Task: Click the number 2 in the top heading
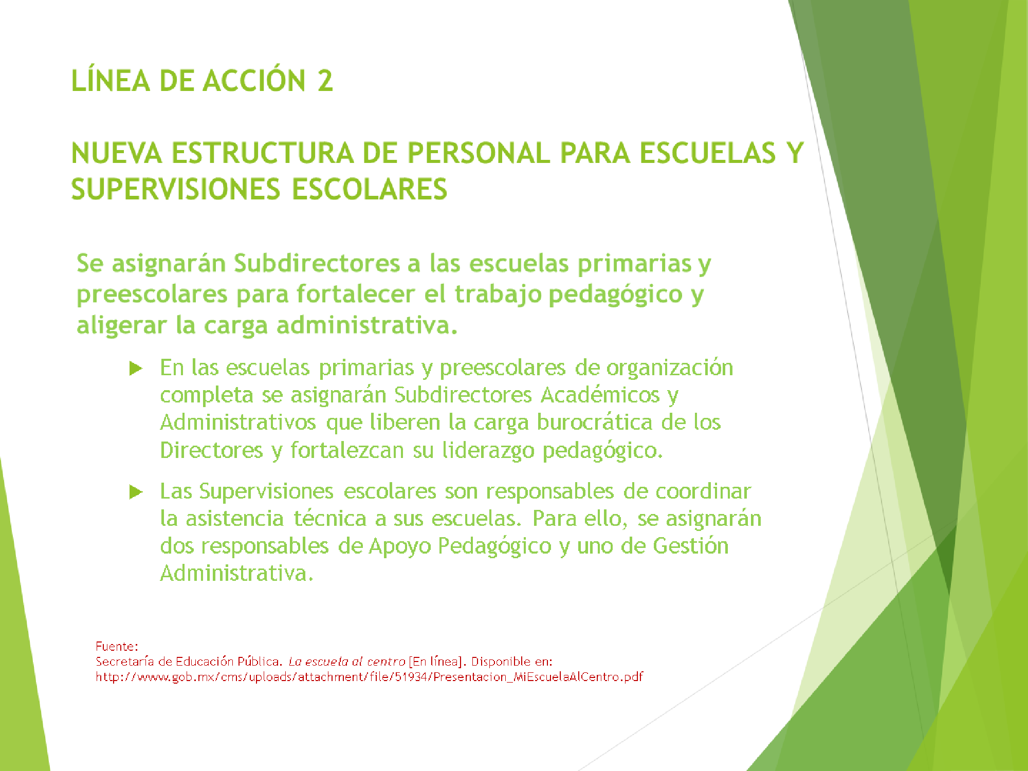(x=325, y=81)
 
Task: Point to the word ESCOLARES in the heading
(x=370, y=189)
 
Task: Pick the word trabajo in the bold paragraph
(x=498, y=295)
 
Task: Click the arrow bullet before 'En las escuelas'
(x=136, y=368)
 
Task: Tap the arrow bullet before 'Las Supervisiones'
(x=136, y=492)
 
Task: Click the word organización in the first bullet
(x=670, y=369)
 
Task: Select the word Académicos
(x=600, y=395)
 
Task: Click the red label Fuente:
(x=117, y=646)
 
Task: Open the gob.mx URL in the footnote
(x=369, y=677)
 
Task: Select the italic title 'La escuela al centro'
(x=346, y=662)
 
